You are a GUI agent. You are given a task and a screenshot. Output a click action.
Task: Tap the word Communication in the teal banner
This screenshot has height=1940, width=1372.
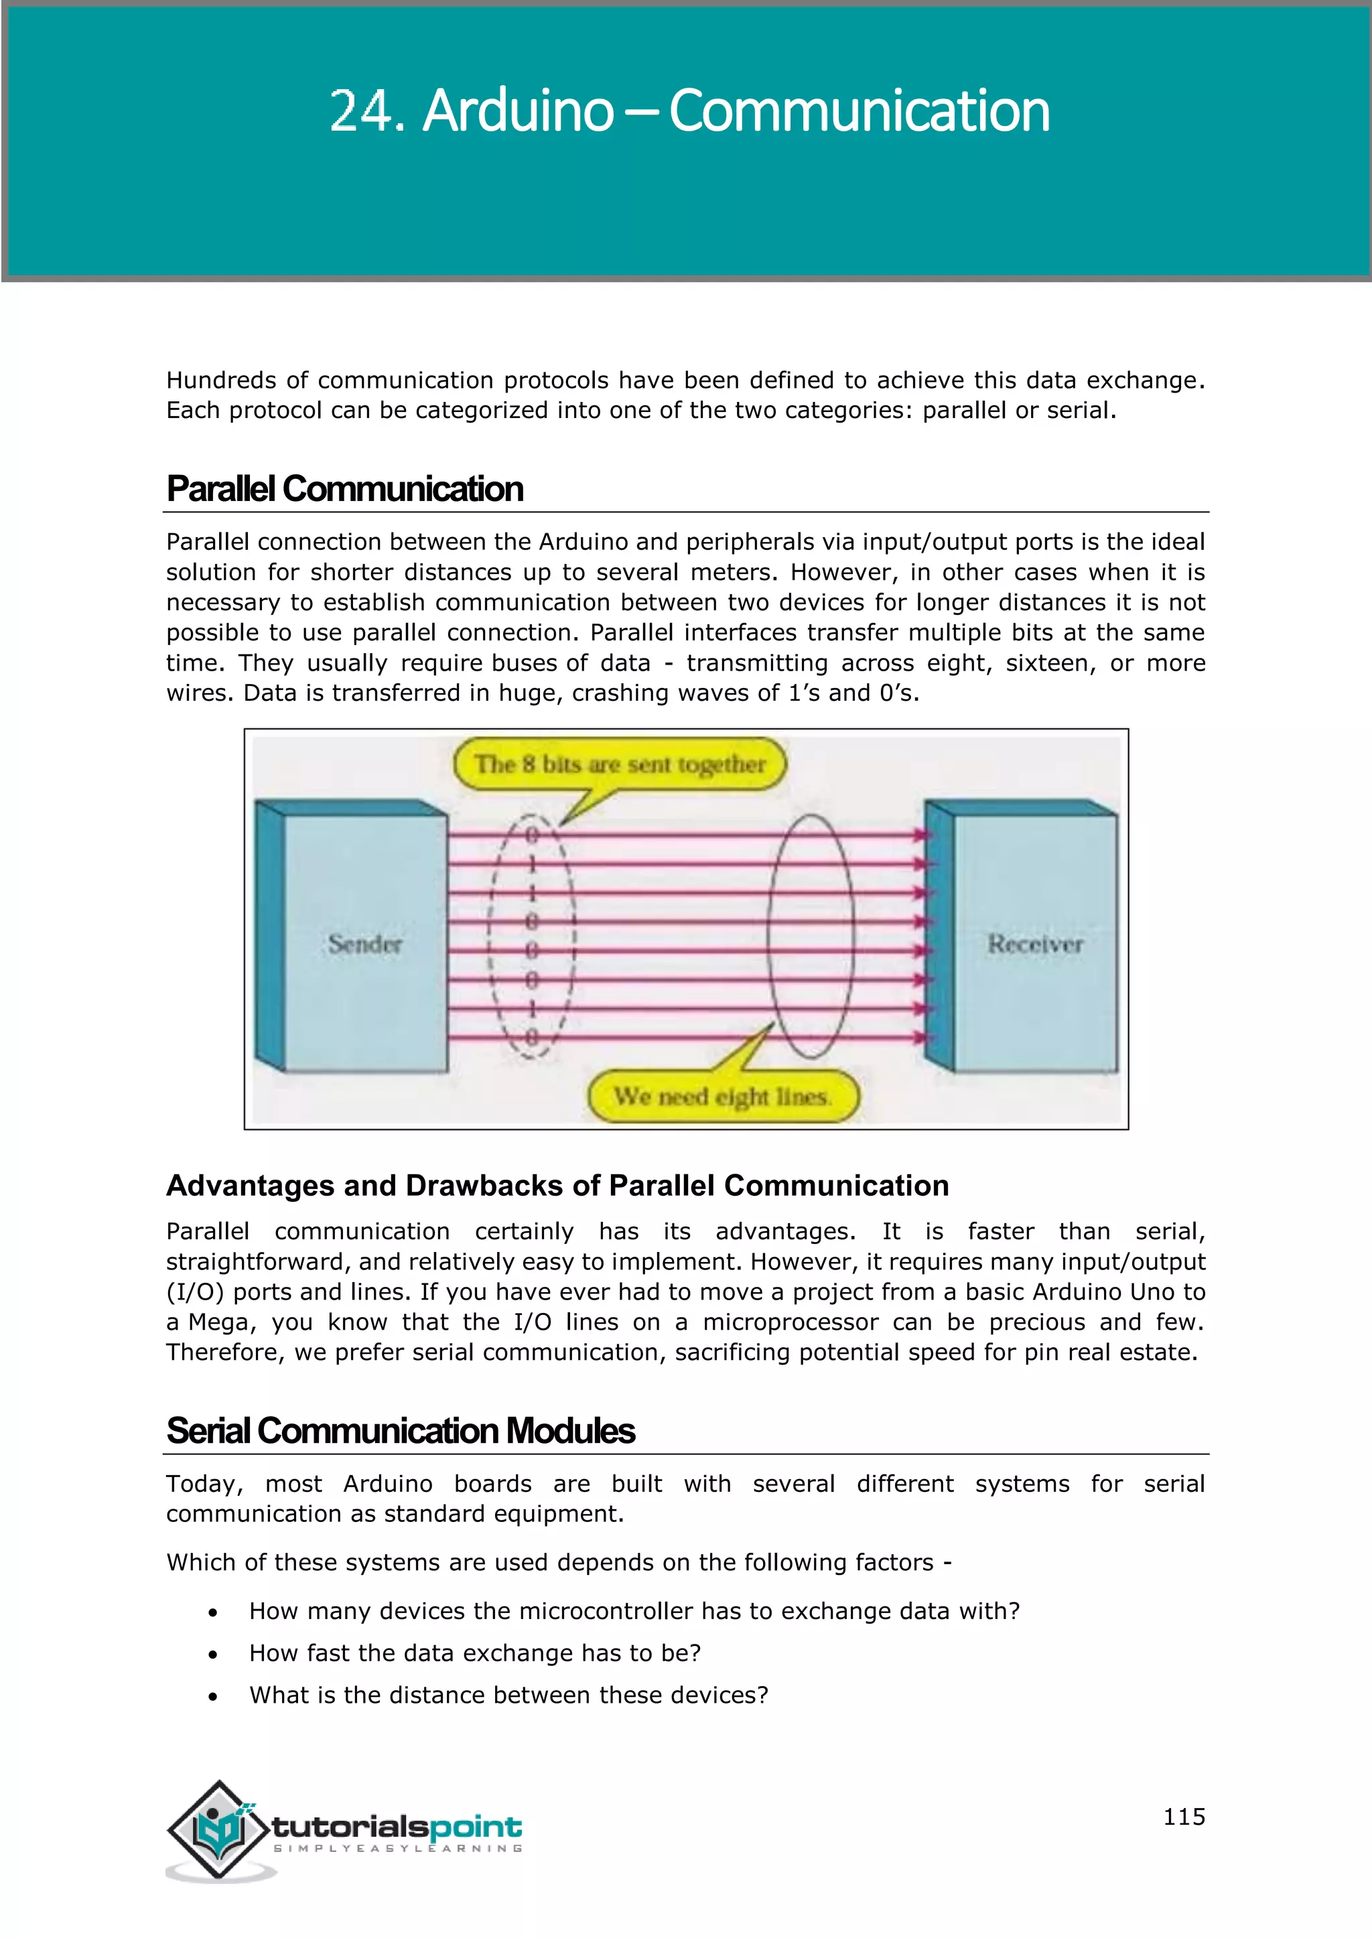coord(860,111)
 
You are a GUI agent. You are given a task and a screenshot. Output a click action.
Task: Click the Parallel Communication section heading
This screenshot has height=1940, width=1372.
coord(345,489)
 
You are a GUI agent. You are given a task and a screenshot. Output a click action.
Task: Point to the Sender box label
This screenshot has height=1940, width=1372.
coord(365,944)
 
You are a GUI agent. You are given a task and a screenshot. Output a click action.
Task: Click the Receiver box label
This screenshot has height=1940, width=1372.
coord(1035,944)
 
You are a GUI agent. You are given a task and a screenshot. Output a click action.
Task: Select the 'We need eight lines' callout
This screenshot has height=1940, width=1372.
coord(722,1096)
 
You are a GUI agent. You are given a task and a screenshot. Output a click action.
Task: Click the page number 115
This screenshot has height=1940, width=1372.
coord(1184,1817)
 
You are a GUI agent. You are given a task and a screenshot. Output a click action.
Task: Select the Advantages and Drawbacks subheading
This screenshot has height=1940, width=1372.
coord(557,1186)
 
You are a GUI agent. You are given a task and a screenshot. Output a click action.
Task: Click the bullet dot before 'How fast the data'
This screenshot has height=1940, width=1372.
coord(213,1655)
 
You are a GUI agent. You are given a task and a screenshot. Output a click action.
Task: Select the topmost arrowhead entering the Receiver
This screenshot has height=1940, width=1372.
coord(921,835)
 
